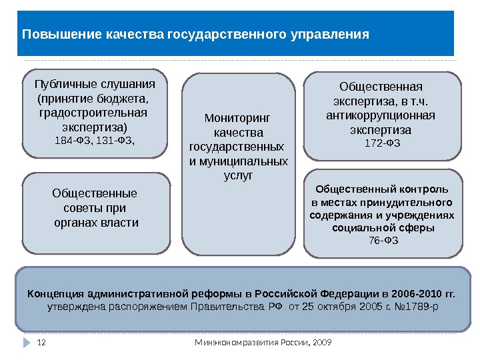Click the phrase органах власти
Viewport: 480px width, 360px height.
(96, 223)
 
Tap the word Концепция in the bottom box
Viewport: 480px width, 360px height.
(55, 293)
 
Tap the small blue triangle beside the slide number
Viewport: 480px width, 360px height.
(27, 343)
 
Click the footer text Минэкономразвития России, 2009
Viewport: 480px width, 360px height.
(263, 343)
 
